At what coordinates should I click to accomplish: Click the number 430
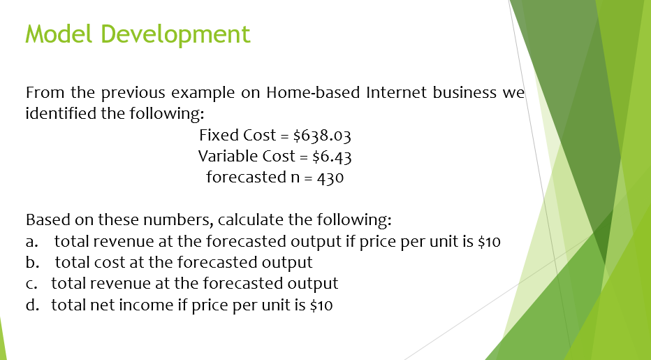(x=330, y=178)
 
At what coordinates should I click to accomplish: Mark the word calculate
(x=251, y=220)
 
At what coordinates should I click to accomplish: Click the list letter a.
(x=31, y=243)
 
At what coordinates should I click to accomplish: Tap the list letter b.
(x=31, y=263)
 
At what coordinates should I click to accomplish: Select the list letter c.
(x=30, y=284)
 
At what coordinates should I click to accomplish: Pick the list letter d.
(x=31, y=305)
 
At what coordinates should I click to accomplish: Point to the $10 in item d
(x=321, y=305)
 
